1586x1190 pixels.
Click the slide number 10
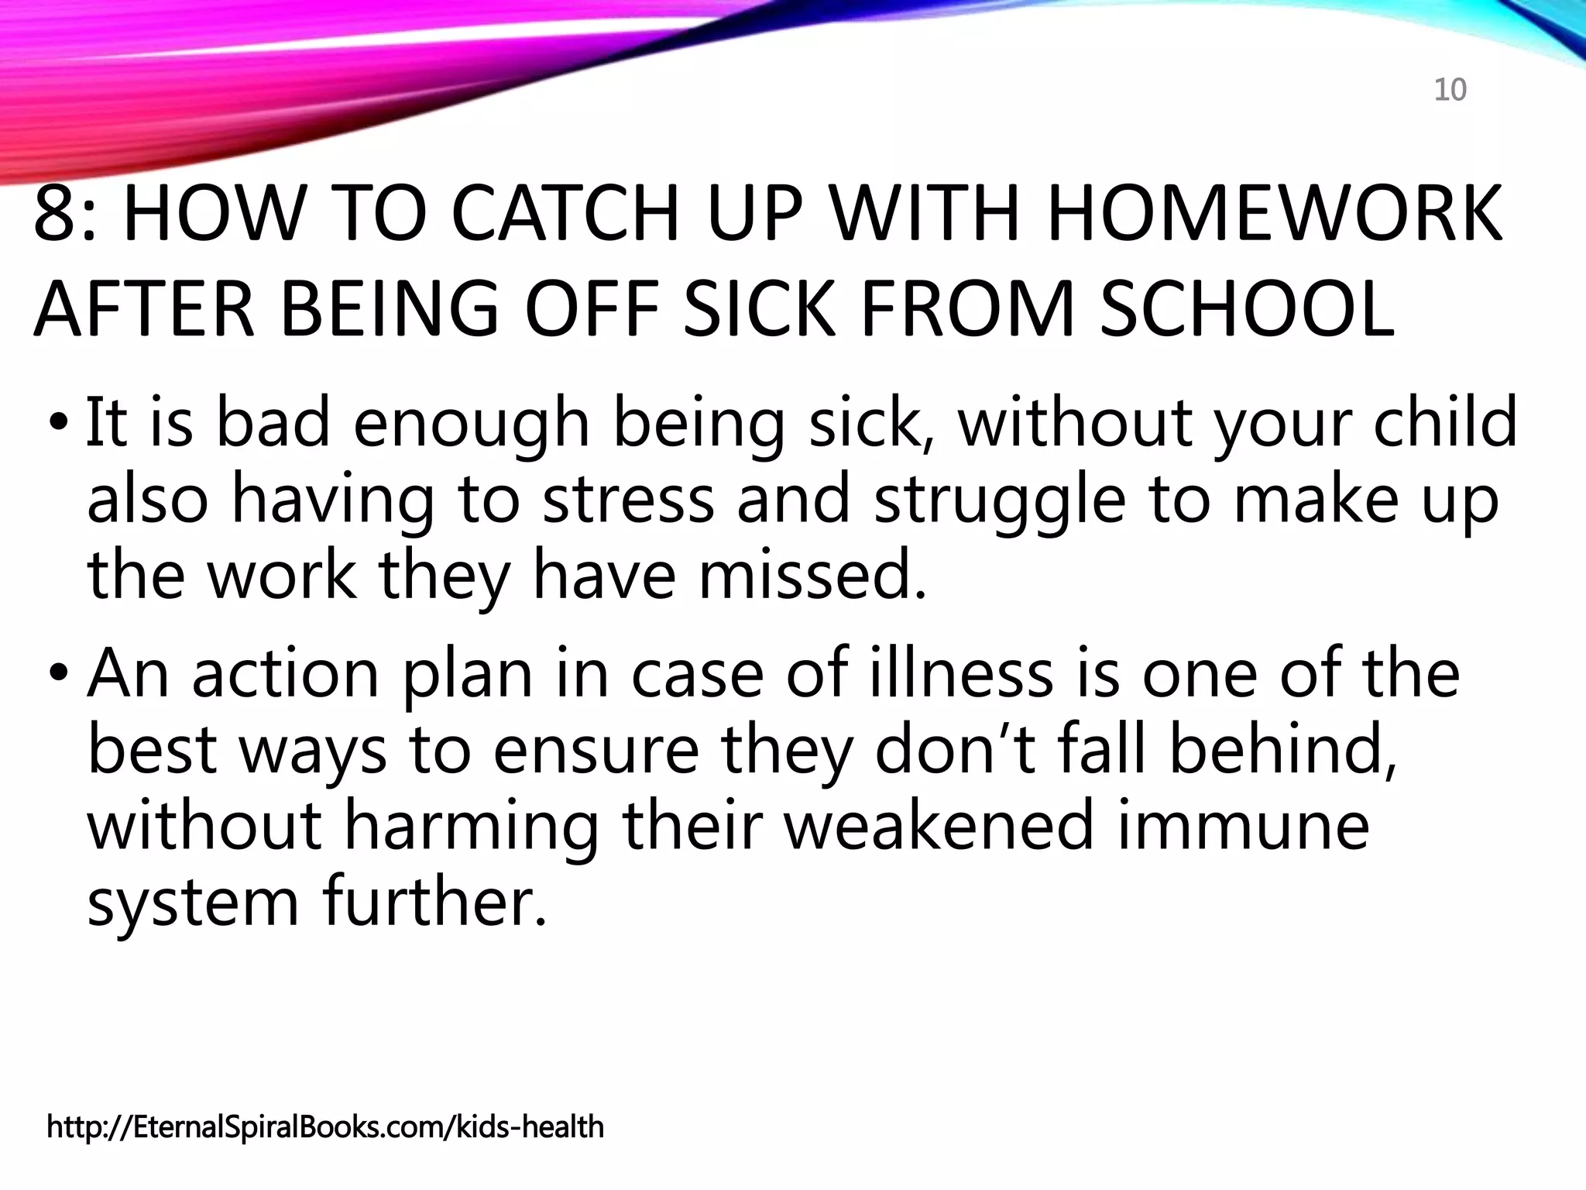tap(1450, 91)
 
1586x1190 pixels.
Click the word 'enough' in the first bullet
tap(472, 424)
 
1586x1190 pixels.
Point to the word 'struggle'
tap(1000, 500)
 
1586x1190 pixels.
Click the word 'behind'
tap(1282, 749)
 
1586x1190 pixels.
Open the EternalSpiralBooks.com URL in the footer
tap(325, 1126)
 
